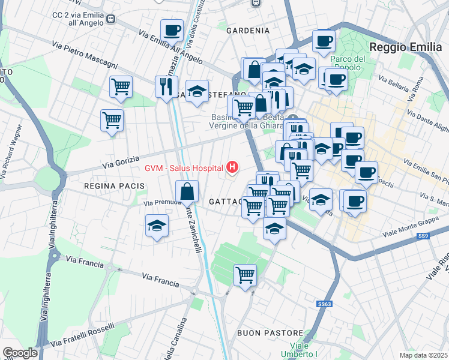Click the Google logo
pyautogui.click(x=20, y=353)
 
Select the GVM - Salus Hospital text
pyautogui.click(x=184, y=167)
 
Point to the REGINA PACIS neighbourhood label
pyautogui.click(x=115, y=186)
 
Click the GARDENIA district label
pyautogui.click(x=247, y=30)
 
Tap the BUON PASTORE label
pyautogui.click(x=262, y=332)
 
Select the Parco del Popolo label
pyautogui.click(x=348, y=63)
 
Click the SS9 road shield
pyautogui.click(x=424, y=237)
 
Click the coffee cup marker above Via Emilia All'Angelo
pyautogui.click(x=172, y=30)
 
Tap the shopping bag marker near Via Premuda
pyautogui.click(x=187, y=192)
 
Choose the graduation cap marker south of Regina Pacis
pyautogui.click(x=157, y=226)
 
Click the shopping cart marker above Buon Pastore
pyautogui.click(x=245, y=275)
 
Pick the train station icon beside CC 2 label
pyautogui.click(x=111, y=19)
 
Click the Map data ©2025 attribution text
pyautogui.click(x=424, y=355)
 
